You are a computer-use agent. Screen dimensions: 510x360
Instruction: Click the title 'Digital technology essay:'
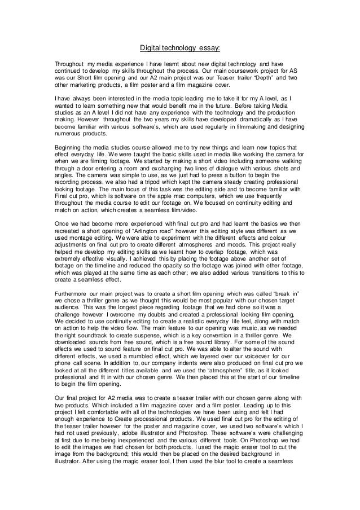[x=180, y=48]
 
